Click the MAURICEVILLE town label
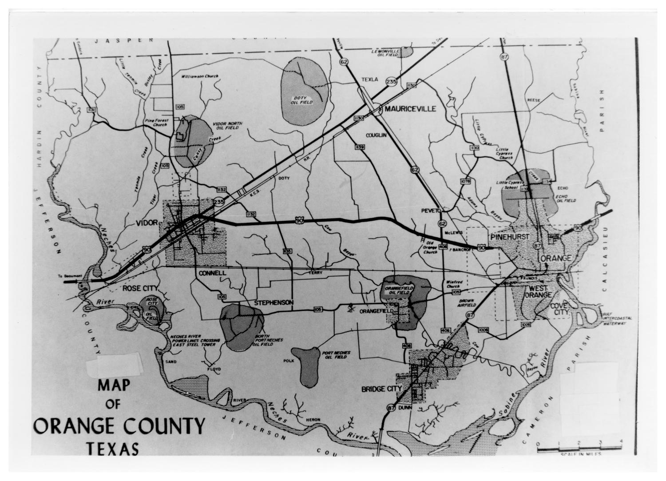coord(411,109)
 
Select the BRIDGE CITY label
coord(381,389)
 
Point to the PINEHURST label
coord(510,237)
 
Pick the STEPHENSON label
coord(274,302)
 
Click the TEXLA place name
coord(369,80)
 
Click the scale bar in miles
coord(579,449)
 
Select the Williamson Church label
coord(200,76)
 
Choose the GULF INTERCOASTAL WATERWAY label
coord(614,319)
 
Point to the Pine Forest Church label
coord(156,122)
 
